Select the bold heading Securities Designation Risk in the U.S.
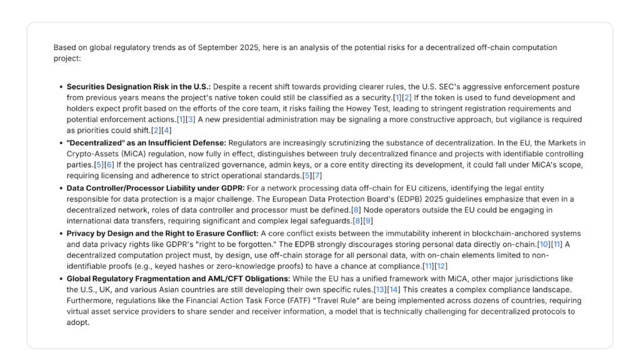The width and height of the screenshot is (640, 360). pyautogui.click(x=138, y=87)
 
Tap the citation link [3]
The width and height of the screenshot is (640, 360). pyautogui.click(x=191, y=119)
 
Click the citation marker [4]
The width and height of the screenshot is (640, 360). pyautogui.click(x=166, y=129)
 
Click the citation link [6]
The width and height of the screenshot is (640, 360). pyautogui.click(x=109, y=164)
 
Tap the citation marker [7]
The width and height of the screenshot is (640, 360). pyautogui.click(x=317, y=175)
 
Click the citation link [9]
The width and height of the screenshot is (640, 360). pyautogui.click(x=368, y=220)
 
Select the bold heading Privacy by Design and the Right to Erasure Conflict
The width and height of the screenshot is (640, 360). pyautogui.click(x=162, y=233)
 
